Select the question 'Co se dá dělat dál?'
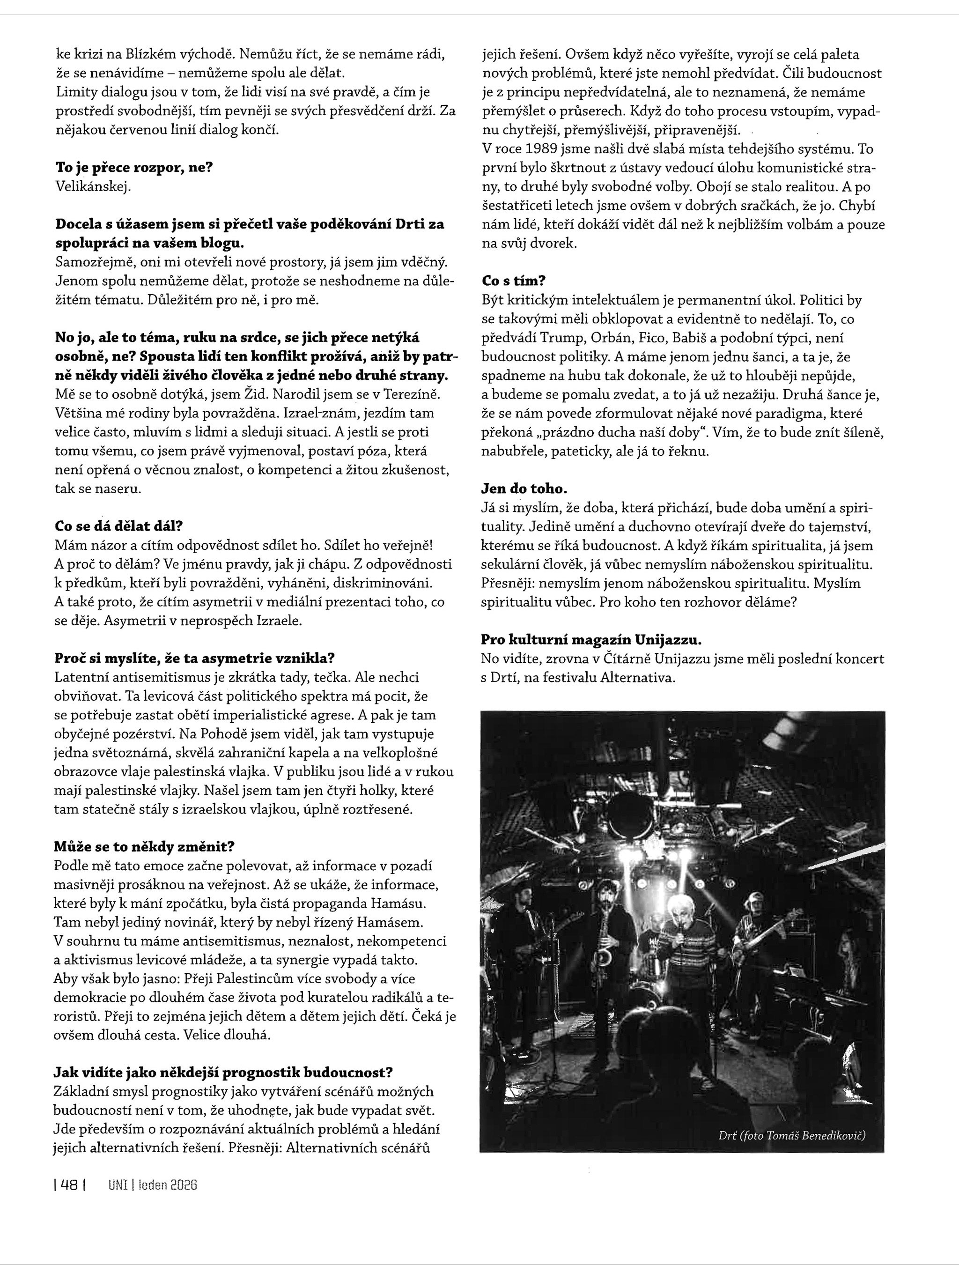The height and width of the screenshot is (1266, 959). coord(118,526)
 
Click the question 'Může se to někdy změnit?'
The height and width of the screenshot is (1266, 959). coord(144,846)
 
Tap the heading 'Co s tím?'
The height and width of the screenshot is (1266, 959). coord(513,281)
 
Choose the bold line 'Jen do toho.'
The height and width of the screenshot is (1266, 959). coord(524,489)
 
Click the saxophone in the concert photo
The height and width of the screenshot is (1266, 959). coord(605,943)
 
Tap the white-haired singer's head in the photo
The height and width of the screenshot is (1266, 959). coord(681,911)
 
